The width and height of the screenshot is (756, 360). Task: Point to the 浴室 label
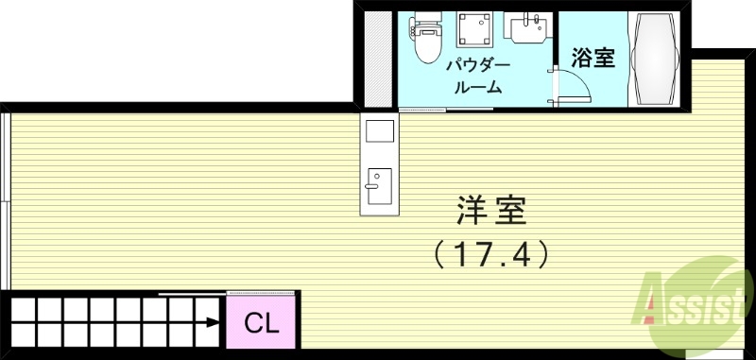[x=593, y=59]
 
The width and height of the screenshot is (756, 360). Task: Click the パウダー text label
[x=479, y=66]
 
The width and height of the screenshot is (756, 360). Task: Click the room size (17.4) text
[x=490, y=252]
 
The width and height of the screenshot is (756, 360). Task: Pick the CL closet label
[x=262, y=324]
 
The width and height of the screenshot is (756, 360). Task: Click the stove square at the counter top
[x=379, y=130]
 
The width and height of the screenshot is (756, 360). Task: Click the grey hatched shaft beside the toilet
[x=377, y=59]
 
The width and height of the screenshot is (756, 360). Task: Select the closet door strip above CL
[x=262, y=294]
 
